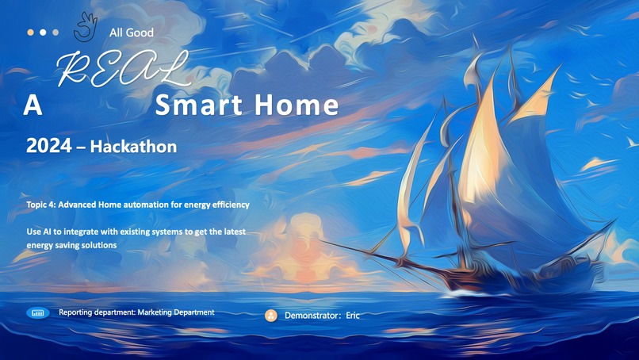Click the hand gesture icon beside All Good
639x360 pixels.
(x=83, y=28)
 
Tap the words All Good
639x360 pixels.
(x=132, y=33)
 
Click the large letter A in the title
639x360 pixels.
(x=33, y=105)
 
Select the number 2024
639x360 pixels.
(x=50, y=147)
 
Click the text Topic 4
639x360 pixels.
(x=44, y=205)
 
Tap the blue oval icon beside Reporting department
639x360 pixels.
(x=37, y=313)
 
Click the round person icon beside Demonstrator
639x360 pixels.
(x=271, y=316)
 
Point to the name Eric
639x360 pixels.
(x=353, y=316)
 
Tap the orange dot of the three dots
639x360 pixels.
(x=30, y=33)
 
